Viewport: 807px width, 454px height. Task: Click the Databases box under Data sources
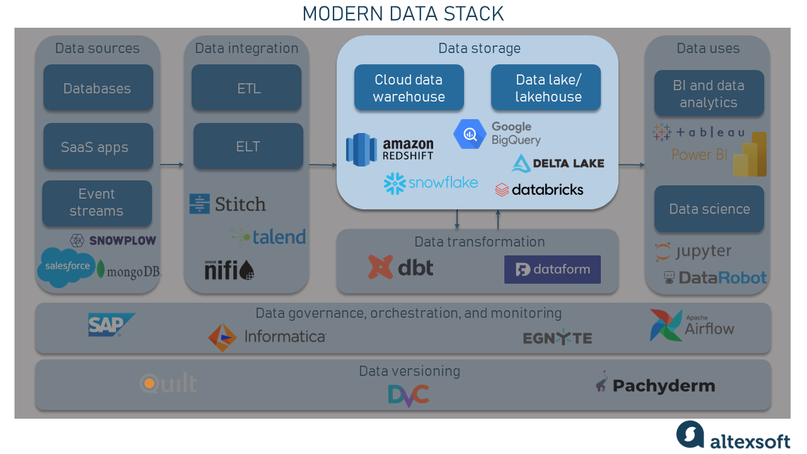click(x=98, y=88)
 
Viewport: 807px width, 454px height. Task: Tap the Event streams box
click(x=97, y=203)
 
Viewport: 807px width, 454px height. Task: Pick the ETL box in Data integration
click(x=247, y=88)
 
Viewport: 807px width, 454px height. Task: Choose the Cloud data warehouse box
click(x=409, y=88)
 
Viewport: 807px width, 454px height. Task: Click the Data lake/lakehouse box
click(x=546, y=88)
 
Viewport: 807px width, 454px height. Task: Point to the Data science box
click(x=709, y=209)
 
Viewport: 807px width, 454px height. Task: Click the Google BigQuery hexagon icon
click(x=470, y=134)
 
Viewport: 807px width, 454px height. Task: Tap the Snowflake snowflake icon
click(x=395, y=183)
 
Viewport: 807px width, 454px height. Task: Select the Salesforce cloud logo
click(x=67, y=267)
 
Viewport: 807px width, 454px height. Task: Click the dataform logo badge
click(x=552, y=269)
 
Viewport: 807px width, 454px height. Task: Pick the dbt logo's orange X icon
click(x=380, y=267)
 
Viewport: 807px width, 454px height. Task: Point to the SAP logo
click(x=112, y=325)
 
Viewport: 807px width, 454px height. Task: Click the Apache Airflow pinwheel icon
click(x=666, y=325)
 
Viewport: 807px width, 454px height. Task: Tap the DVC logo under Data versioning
click(x=409, y=395)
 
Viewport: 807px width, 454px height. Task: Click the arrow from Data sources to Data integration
click(x=172, y=165)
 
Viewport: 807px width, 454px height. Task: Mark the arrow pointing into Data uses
click(x=632, y=165)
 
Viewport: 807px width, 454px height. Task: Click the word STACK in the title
click(x=473, y=14)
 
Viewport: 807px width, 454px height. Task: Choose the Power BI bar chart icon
click(x=750, y=154)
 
